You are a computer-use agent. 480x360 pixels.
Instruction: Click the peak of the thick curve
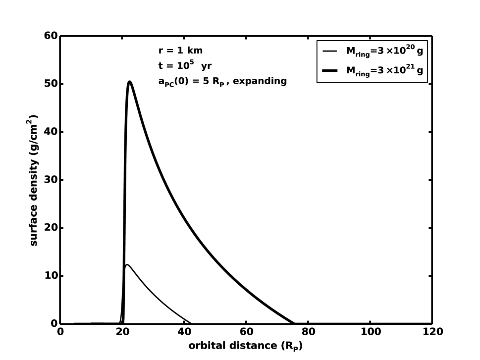129,82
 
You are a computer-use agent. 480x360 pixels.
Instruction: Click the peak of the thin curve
127,265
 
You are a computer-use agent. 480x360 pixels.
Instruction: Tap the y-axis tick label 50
52,84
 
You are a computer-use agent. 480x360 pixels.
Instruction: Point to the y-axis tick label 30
52,180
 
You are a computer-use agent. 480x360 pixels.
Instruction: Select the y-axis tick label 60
52,36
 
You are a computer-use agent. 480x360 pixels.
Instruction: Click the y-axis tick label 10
52,276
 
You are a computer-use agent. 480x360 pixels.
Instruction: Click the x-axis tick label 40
184,331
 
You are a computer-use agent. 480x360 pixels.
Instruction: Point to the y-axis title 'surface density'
34,180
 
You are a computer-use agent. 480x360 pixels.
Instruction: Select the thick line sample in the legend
330,71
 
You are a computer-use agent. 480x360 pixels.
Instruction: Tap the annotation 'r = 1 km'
180,51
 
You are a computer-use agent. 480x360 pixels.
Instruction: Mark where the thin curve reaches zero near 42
191,323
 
